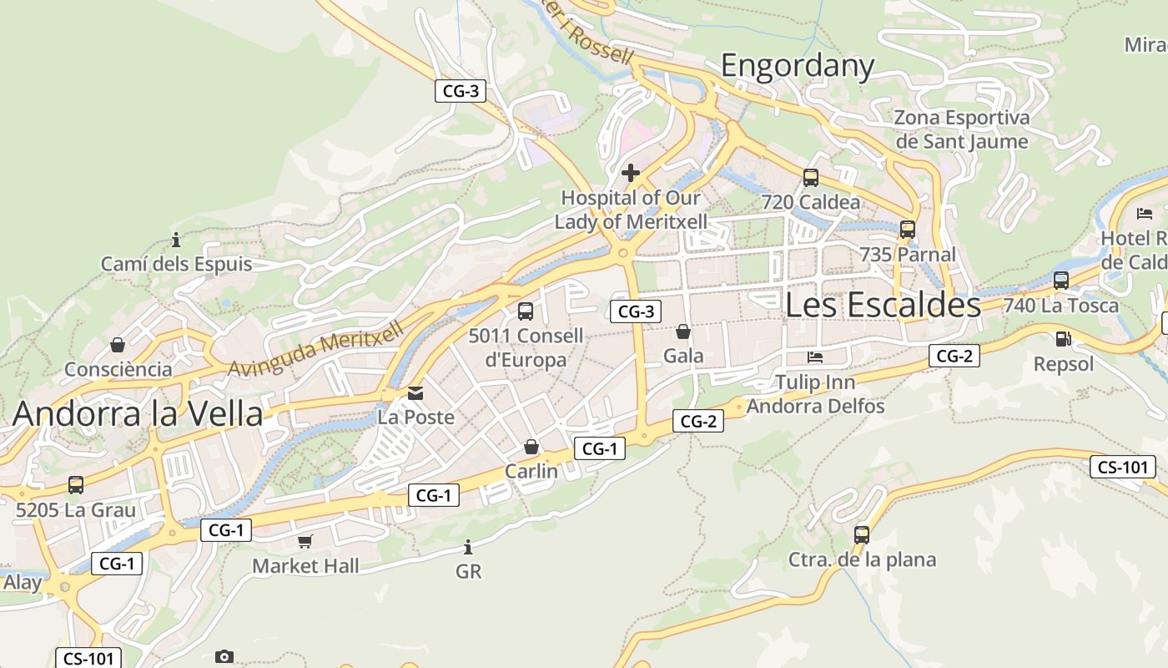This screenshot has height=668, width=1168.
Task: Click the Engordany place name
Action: [797, 65]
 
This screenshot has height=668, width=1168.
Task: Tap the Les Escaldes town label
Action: [883, 305]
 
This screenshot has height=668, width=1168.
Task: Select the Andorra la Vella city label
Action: [138, 413]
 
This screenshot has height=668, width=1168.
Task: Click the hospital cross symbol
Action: [631, 173]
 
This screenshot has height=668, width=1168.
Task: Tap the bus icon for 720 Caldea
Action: [811, 177]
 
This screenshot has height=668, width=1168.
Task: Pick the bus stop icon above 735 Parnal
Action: [908, 229]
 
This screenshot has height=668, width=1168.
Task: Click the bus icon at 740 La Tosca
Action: [1061, 281]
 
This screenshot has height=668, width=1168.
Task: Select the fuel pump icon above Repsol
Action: [1063, 339]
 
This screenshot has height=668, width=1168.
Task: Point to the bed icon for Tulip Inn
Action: [816, 357]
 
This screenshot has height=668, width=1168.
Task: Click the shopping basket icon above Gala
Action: [683, 331]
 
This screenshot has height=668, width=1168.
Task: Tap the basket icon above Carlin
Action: [531, 448]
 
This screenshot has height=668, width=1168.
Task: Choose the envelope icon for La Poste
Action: [415, 392]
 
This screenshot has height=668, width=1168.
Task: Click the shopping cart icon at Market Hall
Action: [305, 542]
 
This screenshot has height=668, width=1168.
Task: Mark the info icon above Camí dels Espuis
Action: [176, 240]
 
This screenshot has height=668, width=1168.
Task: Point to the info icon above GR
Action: [468, 548]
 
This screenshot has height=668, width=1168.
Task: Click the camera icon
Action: [224, 656]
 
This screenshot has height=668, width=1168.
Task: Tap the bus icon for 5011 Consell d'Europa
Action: [526, 311]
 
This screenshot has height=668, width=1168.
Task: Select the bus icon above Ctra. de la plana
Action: [862, 534]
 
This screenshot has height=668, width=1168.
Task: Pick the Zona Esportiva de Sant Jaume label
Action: [962, 129]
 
